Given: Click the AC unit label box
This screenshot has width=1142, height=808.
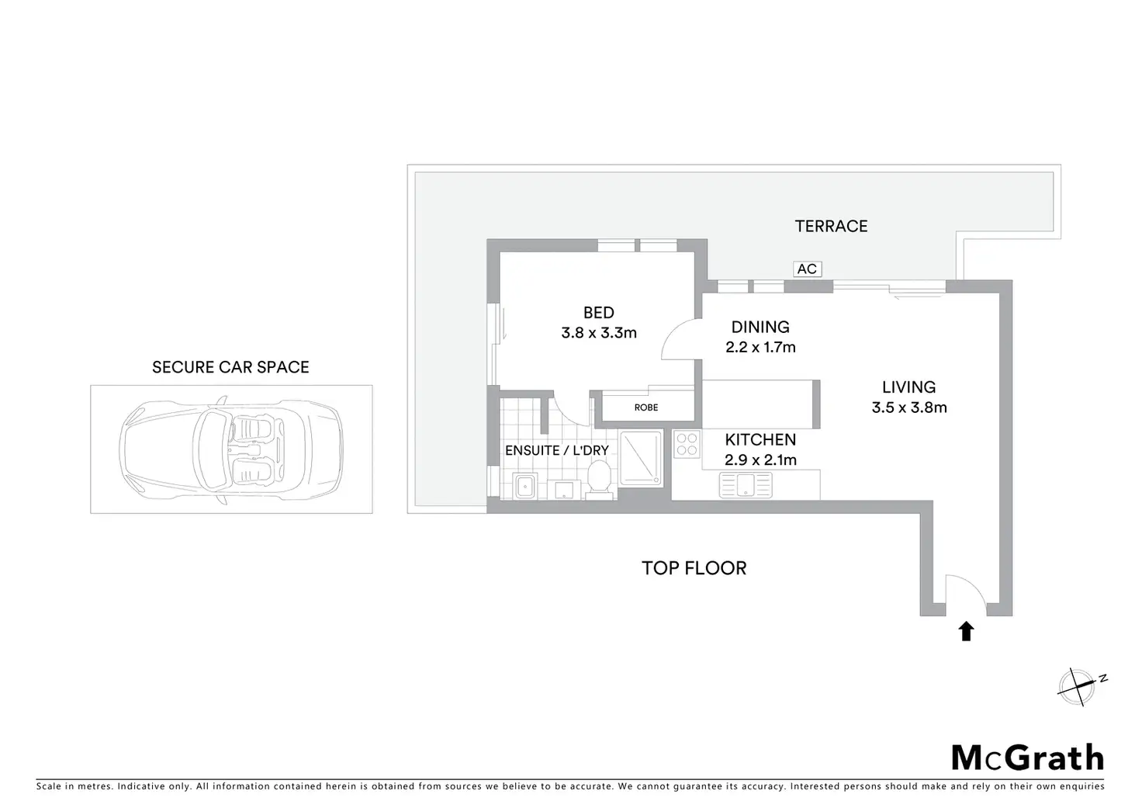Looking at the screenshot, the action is pos(807,269).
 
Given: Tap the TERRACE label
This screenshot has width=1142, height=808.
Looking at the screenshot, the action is pos(831,226).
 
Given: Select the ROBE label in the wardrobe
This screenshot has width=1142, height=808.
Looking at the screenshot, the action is pos(645,407).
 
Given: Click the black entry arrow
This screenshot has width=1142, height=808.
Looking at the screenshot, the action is pos(966,631).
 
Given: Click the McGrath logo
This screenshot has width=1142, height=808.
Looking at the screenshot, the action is pos(1027,757).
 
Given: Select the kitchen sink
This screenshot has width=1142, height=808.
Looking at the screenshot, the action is pos(746,485).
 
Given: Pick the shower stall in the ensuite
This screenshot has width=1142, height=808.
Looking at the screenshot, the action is pos(641,459).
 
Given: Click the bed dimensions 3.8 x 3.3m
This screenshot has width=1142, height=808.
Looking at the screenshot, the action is pos(599,333).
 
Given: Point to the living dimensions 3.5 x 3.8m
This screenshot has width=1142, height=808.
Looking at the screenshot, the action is pos(908,407).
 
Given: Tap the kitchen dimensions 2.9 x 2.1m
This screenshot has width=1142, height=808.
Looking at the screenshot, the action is pos(760,459).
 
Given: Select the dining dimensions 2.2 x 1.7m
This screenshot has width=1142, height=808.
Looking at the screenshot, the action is pos(760,347).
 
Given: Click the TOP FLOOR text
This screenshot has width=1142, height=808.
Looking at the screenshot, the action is pos(694,568).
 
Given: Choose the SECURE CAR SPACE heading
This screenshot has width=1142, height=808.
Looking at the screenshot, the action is pos(230,367).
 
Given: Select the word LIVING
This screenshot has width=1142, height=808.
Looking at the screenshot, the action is pos(908,387).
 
